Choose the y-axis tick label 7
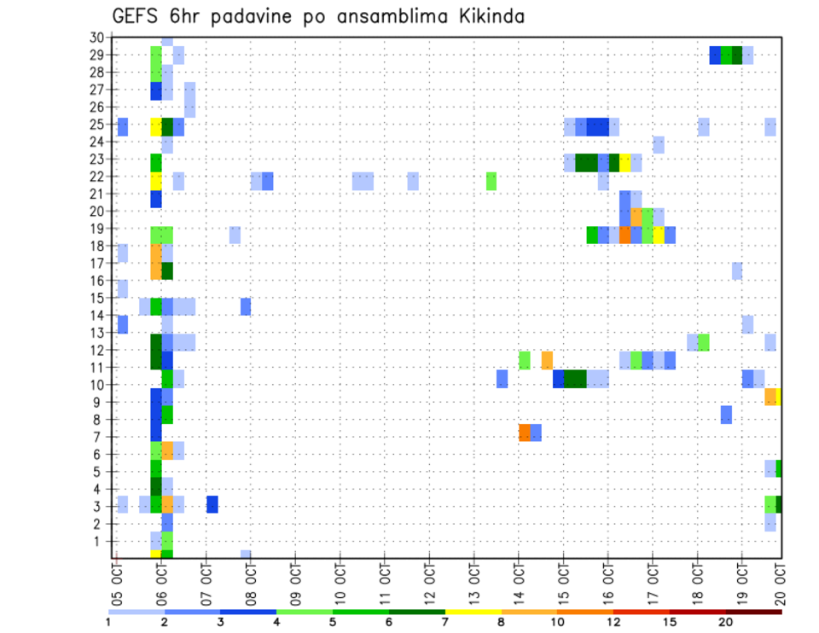pyautogui.click(x=99, y=437)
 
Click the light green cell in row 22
pyautogui.click(x=491, y=181)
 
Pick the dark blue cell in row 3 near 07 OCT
pyautogui.click(x=212, y=504)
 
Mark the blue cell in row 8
pyautogui.click(x=726, y=415)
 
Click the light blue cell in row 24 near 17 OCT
pyautogui.click(x=659, y=145)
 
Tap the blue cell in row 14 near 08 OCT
pyautogui.click(x=246, y=307)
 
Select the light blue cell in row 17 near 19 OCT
pyautogui.click(x=737, y=271)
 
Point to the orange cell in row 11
pyautogui.click(x=547, y=360)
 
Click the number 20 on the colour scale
pyautogui.click(x=726, y=622)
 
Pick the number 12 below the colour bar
pyautogui.click(x=613, y=622)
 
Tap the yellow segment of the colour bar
pyautogui.click(x=473, y=612)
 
